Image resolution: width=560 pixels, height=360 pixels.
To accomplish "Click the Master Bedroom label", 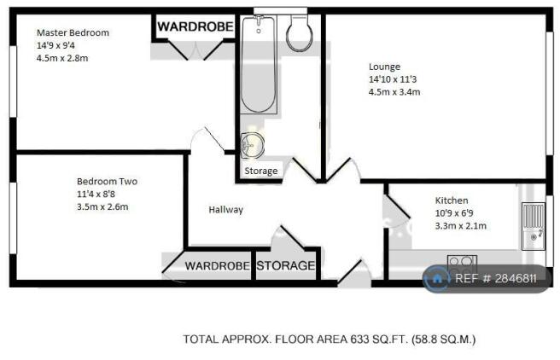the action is click(73, 32).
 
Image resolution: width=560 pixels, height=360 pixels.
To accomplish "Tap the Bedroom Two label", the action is click(108, 181).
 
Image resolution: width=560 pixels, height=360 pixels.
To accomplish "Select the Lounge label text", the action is click(384, 67).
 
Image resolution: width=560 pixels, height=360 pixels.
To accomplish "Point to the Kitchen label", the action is click(452, 200).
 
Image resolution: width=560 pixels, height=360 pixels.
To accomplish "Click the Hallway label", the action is click(225, 210).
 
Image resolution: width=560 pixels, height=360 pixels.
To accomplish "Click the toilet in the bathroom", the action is click(300, 33).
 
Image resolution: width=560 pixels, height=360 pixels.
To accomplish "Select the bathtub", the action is click(259, 64).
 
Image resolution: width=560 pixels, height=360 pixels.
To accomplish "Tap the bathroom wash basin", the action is click(252, 145).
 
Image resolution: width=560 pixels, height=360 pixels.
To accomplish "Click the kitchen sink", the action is click(534, 226).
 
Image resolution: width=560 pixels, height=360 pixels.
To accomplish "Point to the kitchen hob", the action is click(462, 263).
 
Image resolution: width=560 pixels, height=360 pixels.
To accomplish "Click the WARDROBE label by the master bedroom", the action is click(195, 26).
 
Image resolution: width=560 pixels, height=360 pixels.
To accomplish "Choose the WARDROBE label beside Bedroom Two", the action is click(217, 266).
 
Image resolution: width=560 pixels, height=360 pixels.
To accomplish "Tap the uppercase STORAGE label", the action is click(286, 265).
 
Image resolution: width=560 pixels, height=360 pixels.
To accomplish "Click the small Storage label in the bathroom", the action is click(261, 171).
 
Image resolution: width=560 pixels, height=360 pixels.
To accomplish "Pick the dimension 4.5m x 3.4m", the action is click(394, 92).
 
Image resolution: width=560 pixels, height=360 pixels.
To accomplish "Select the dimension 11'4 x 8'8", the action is click(96, 195).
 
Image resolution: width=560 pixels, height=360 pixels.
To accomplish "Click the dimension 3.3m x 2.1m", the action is click(461, 226).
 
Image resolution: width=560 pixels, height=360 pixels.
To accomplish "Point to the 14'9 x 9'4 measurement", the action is click(55, 46).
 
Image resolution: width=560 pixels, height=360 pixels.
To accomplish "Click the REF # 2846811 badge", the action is click(487, 279).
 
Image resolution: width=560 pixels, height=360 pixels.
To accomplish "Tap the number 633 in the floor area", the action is click(359, 339).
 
